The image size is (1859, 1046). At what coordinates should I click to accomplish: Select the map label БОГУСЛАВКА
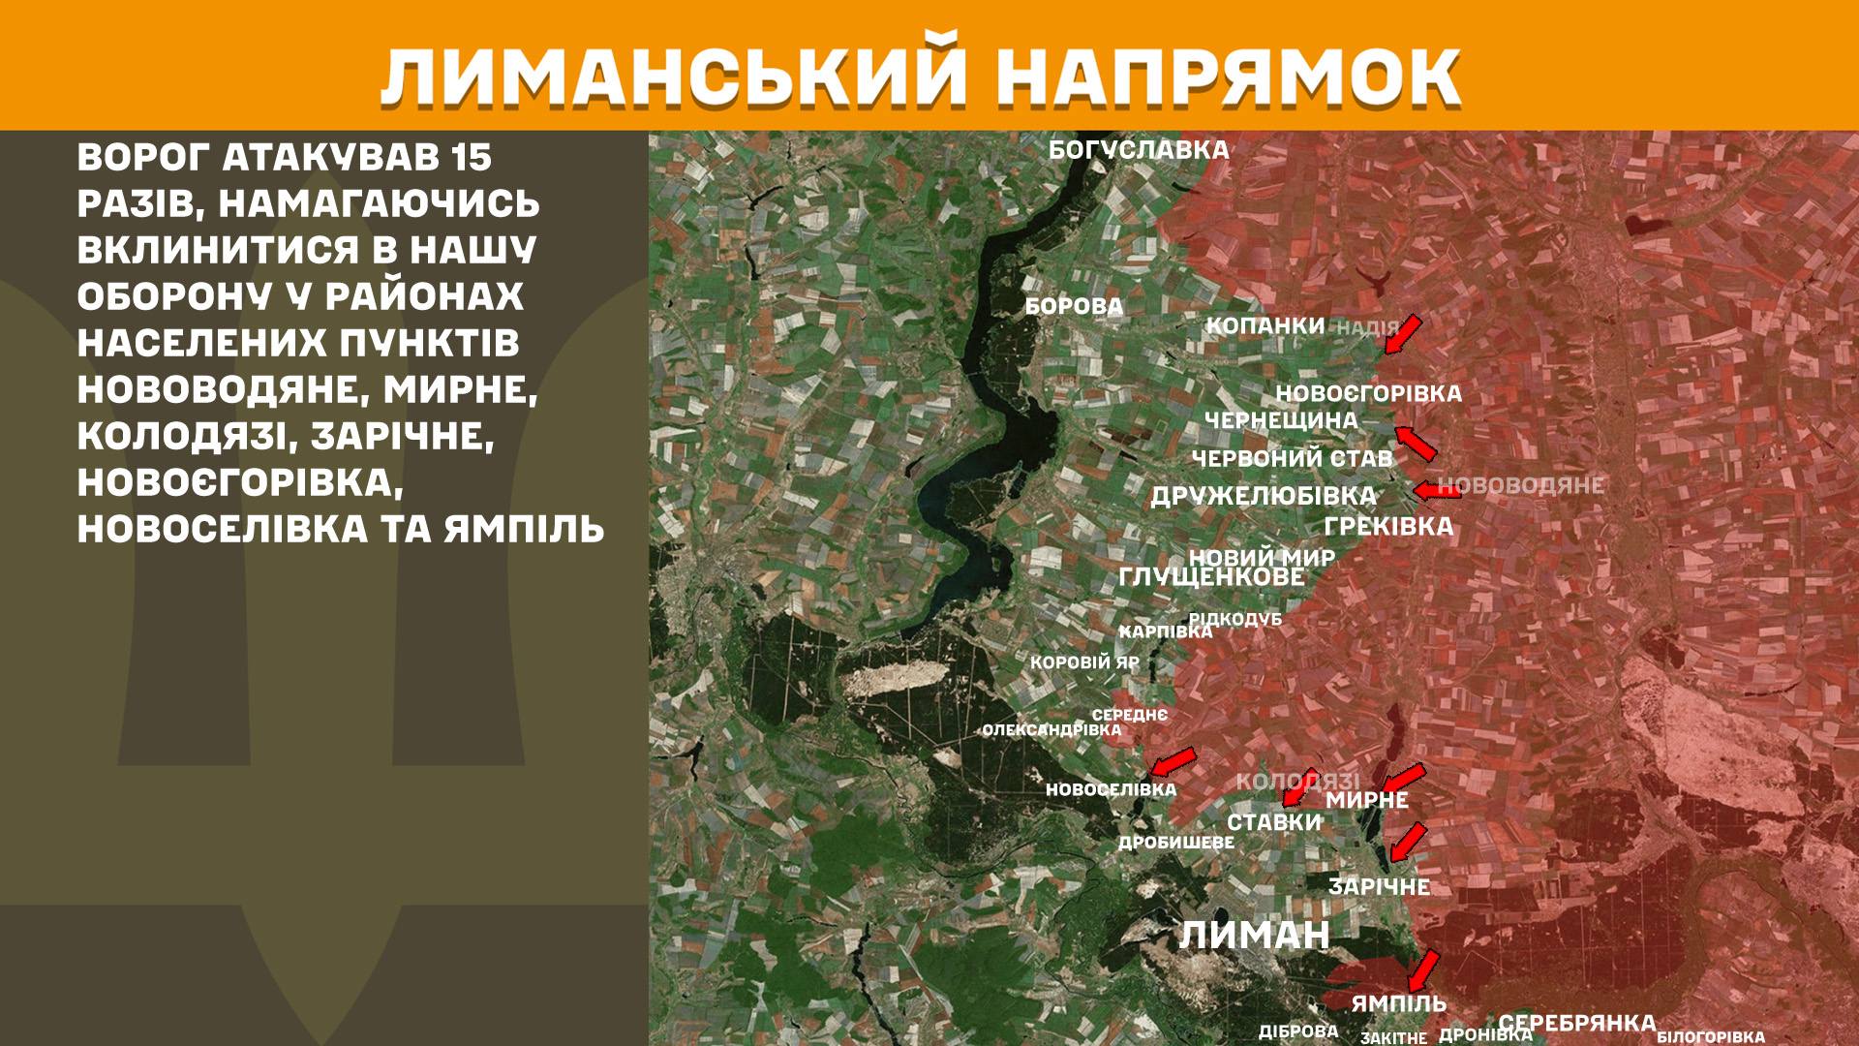(1139, 150)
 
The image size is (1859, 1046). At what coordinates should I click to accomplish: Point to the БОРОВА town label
(1074, 307)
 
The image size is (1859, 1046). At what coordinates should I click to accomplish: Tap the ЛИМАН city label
(1254, 936)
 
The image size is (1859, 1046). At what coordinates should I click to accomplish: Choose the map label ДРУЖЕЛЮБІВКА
(1263, 496)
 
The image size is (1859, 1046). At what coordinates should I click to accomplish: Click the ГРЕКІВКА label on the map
(1388, 526)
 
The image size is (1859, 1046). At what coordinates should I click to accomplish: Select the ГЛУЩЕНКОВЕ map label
(1211, 577)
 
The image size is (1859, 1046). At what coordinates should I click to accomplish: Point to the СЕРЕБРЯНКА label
(1576, 1023)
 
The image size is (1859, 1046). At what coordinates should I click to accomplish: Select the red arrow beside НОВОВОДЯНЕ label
(1437, 491)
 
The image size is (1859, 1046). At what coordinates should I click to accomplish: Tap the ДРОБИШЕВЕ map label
(1176, 843)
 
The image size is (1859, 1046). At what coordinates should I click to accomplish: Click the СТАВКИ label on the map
(1274, 822)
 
